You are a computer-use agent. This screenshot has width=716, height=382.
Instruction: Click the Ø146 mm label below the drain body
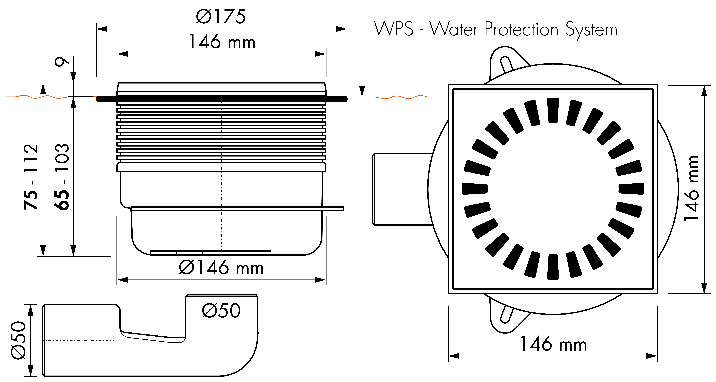point(221,267)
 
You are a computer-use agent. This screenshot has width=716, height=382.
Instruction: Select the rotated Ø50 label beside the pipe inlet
point(18,340)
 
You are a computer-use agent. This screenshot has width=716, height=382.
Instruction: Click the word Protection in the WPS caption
point(521,29)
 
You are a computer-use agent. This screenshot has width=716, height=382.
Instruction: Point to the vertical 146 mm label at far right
point(691,188)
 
